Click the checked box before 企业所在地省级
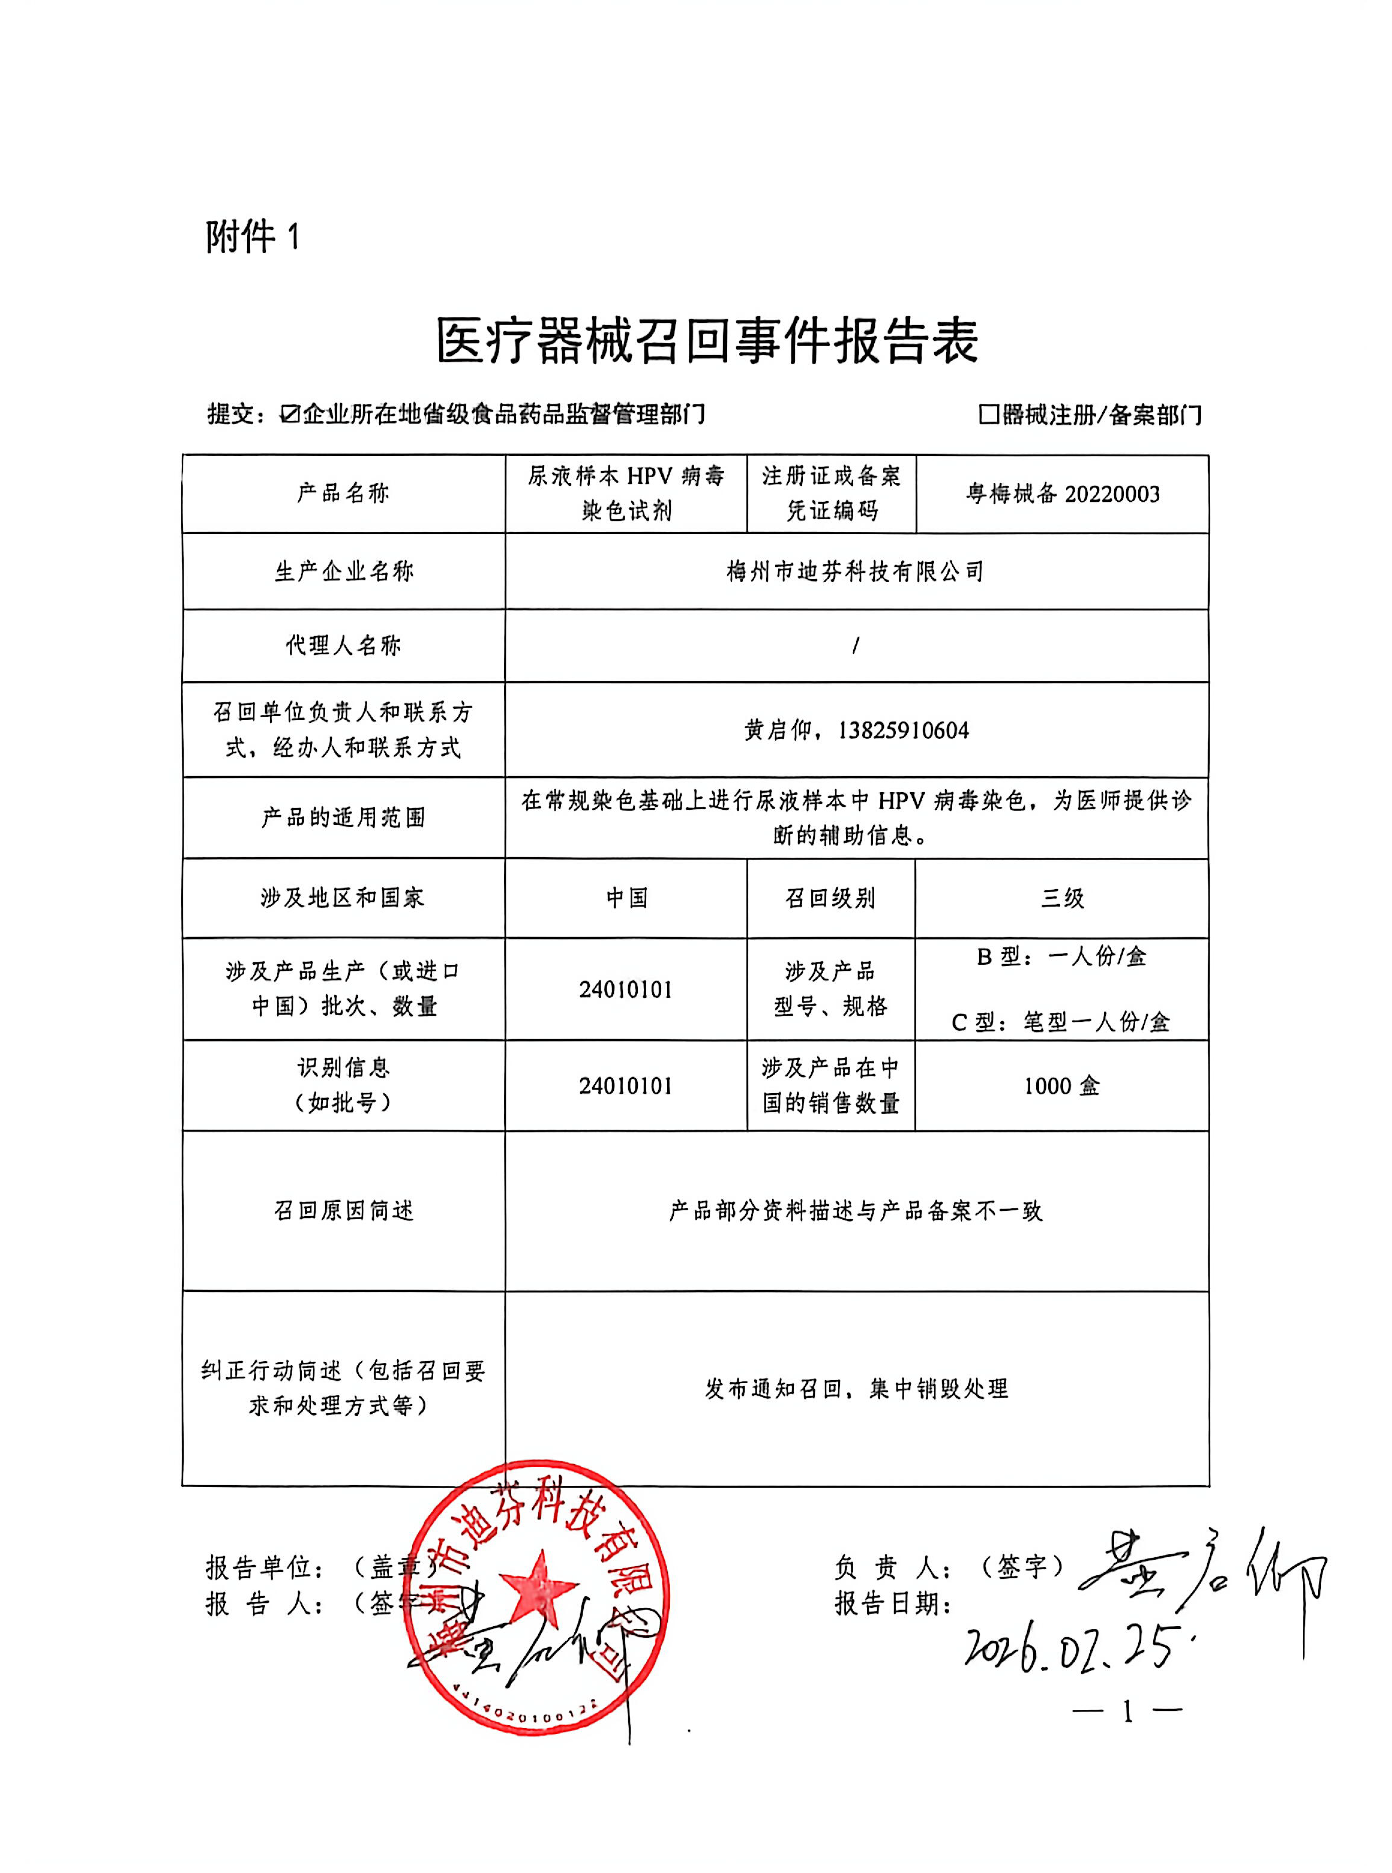pos(290,414)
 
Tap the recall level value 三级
pos(1062,898)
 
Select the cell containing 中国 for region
pos(626,898)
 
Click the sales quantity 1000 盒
pos(1062,1086)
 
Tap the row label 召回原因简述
pos(344,1211)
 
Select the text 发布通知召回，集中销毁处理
pos(856,1388)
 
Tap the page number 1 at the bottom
pos(1127,1711)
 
